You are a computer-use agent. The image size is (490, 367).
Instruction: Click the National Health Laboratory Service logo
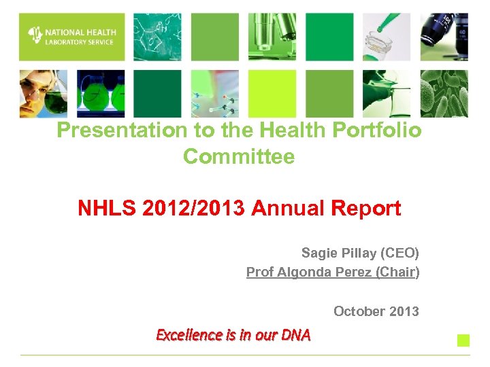click(71, 37)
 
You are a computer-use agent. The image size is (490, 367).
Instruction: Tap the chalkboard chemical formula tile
click(157, 37)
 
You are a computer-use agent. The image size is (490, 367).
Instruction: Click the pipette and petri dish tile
click(387, 37)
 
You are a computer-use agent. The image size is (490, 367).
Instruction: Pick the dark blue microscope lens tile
click(444, 37)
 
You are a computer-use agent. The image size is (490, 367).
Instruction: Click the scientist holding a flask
click(43, 94)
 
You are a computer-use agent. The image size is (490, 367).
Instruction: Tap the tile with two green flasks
click(100, 94)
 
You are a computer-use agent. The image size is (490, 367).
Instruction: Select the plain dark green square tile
click(157, 94)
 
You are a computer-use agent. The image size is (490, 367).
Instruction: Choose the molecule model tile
click(215, 94)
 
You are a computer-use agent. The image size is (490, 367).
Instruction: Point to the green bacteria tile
click(444, 94)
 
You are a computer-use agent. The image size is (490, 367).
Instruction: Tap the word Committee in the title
click(239, 157)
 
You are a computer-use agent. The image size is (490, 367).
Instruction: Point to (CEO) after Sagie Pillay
click(401, 254)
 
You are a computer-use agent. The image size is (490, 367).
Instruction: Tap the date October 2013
click(376, 311)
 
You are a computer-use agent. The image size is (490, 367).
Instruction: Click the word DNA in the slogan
click(297, 334)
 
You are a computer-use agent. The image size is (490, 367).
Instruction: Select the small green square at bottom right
click(463, 340)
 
